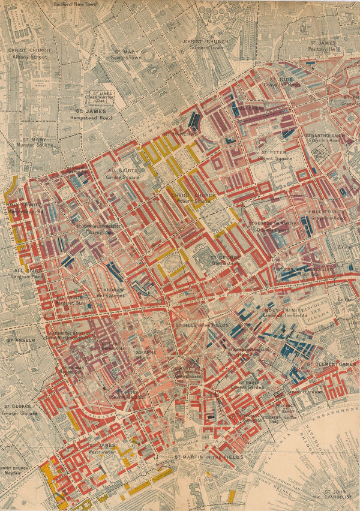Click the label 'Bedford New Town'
click(74, 3)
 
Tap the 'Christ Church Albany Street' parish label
click(29, 53)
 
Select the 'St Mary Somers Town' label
click(127, 54)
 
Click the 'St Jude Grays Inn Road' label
click(281, 82)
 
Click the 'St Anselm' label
click(20, 340)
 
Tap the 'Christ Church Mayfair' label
click(17, 470)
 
